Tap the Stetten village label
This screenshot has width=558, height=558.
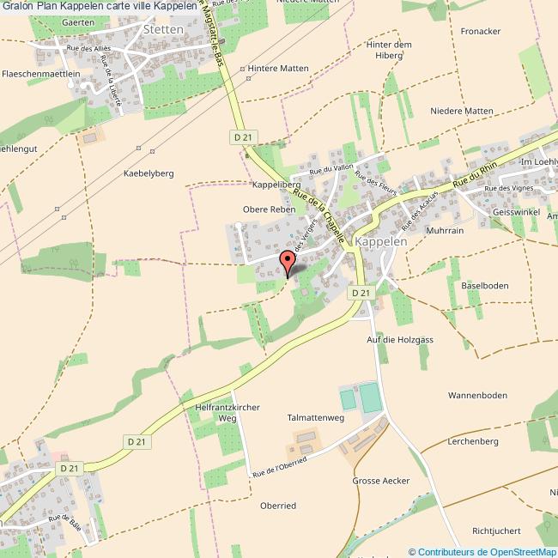pos(164,28)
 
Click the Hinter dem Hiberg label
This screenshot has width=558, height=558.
pos(390,51)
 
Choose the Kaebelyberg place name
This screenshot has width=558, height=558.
pos(149,173)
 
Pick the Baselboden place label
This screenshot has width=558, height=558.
pos(485,285)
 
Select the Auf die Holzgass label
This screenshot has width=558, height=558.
pos(400,340)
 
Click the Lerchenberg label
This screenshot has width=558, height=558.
pos(473,441)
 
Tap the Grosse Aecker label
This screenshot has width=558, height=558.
pos(381,481)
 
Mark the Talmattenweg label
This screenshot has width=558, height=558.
pos(315,417)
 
